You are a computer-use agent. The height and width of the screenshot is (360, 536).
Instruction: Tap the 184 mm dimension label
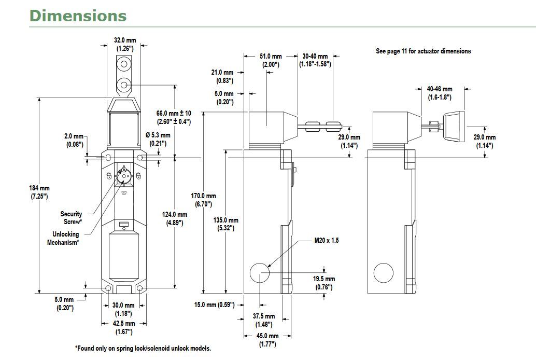pos(39,192)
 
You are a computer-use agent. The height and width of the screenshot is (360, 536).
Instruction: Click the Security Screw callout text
pos(71,218)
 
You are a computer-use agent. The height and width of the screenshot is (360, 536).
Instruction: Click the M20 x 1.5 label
pos(327,241)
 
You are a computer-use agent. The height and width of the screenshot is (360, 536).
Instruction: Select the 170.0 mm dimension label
pos(204,200)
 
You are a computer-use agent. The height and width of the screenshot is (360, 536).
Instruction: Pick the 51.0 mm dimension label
pos(270,60)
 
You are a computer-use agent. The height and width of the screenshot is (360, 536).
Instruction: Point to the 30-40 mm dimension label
pos(315,60)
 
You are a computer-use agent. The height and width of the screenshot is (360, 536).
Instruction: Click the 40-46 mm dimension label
pos(439,93)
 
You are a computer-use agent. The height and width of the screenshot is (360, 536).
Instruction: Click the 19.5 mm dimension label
pos(323,283)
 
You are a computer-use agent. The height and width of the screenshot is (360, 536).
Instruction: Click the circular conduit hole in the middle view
pos(260,273)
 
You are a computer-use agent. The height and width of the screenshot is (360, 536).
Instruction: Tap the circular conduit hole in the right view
pos(383,273)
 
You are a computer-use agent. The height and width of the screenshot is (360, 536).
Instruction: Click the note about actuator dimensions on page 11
pos(423,51)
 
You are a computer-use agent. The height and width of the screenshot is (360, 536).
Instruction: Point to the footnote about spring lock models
pos(143,349)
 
